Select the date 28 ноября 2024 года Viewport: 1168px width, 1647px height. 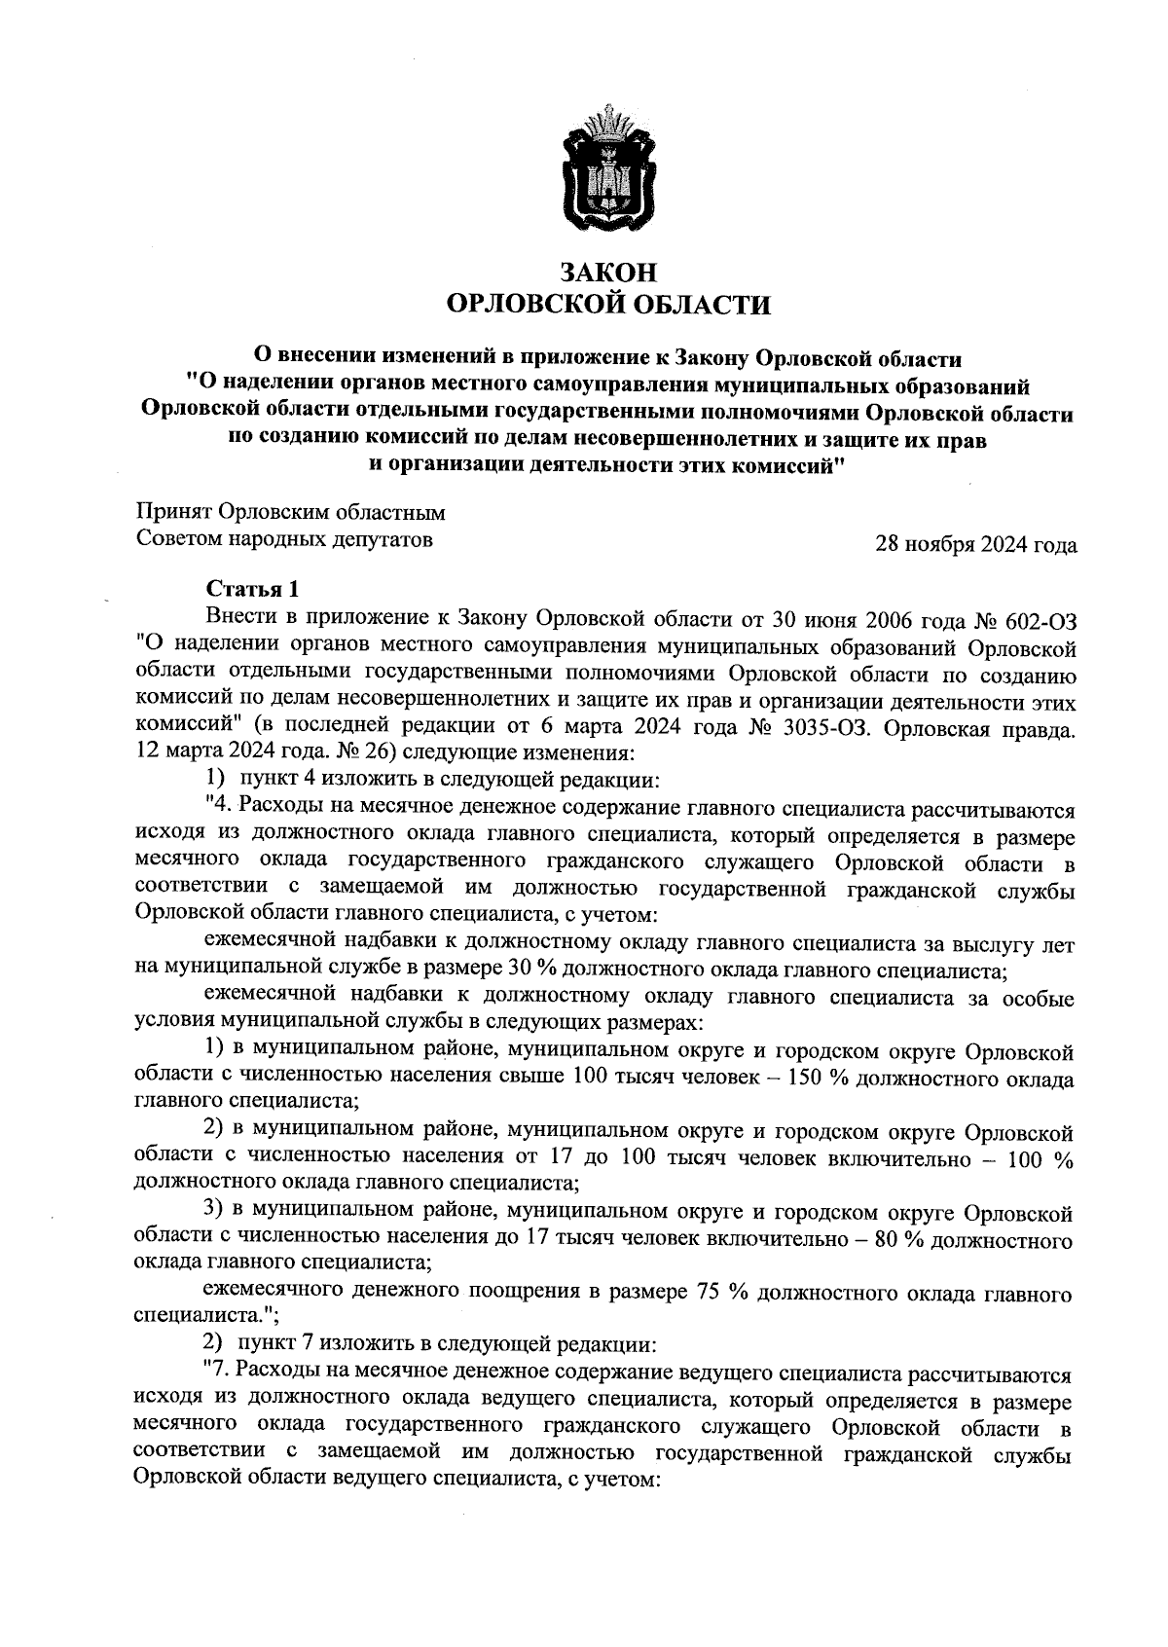click(976, 545)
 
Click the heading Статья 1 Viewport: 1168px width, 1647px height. click(247, 590)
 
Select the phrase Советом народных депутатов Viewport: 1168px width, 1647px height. click(284, 538)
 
